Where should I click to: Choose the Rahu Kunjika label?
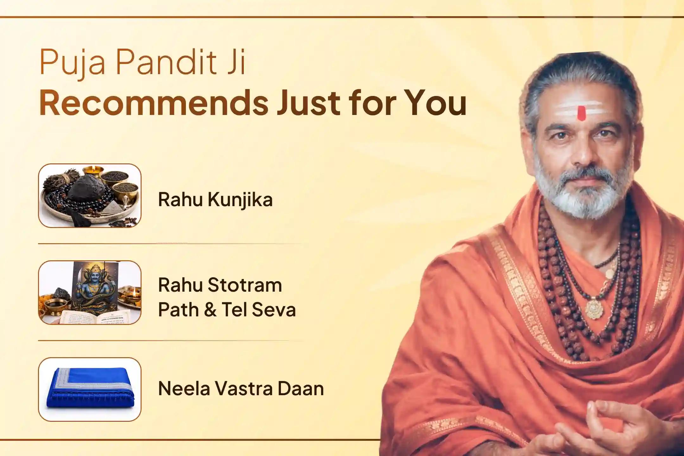215,200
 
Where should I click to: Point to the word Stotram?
245,285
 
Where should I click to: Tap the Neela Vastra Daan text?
241,389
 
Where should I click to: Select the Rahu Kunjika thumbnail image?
90,195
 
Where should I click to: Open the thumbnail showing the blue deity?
90,292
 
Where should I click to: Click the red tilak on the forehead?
581,113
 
